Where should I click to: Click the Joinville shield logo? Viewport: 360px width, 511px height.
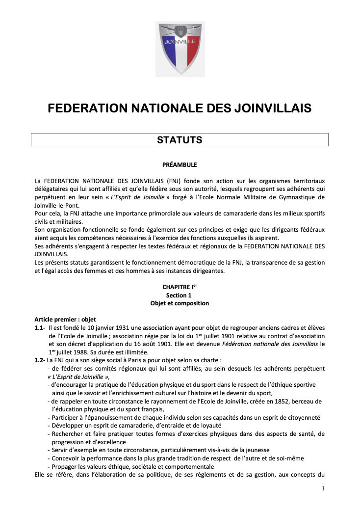tap(180, 49)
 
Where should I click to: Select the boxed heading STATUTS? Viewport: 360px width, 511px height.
tap(180, 140)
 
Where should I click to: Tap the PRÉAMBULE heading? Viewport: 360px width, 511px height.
tap(180, 164)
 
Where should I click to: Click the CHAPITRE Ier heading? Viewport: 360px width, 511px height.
tap(180, 287)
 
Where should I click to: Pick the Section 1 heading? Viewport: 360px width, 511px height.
tap(180, 295)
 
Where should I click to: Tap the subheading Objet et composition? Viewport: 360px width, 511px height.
tap(180, 303)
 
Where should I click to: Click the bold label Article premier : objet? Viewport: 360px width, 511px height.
tap(62, 319)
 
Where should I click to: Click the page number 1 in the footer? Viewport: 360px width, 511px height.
tap(323, 488)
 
